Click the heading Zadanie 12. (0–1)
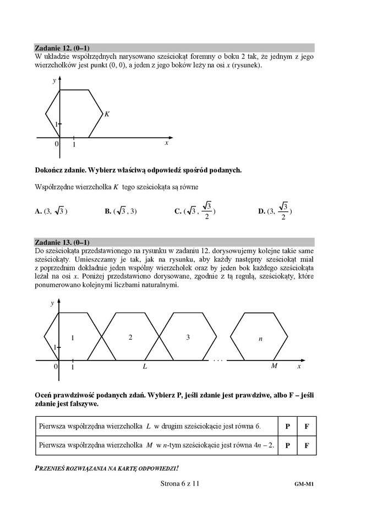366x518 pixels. [x=62, y=47]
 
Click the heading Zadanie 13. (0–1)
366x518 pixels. [x=62, y=242]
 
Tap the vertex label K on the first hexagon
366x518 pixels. [x=107, y=114]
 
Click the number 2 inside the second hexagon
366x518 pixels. [x=130, y=337]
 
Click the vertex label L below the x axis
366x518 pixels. [x=145, y=366]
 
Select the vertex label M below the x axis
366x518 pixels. [x=274, y=366]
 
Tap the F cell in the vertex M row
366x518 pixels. [x=307, y=445]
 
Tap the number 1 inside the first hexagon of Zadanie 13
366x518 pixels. [x=72, y=337]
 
